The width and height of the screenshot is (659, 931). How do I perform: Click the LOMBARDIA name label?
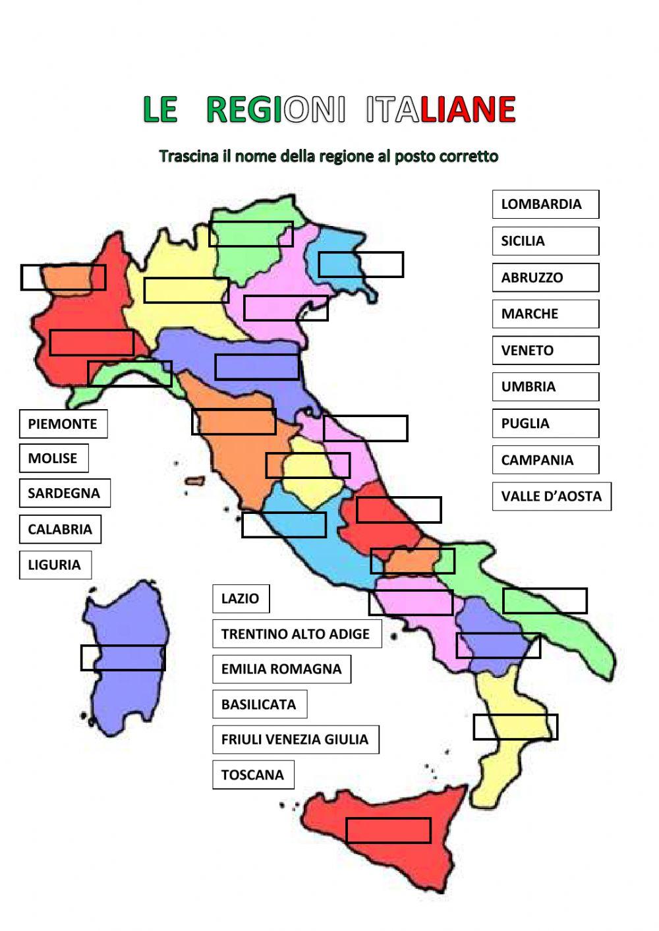click(x=545, y=204)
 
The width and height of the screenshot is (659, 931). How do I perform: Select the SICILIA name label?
click(x=545, y=241)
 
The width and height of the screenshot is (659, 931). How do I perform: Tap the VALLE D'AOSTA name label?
click(x=551, y=496)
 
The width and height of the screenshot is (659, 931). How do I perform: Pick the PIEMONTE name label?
click(x=63, y=424)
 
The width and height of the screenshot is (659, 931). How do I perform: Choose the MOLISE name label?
click(x=53, y=458)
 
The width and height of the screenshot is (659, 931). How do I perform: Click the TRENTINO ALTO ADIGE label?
click(x=297, y=634)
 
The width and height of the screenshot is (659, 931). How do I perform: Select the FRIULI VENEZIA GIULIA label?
click(x=295, y=739)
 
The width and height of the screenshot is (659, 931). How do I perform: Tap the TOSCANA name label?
click(x=253, y=775)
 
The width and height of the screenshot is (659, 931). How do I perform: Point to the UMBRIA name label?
click(x=545, y=387)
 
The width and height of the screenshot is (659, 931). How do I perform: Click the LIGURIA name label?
click(x=55, y=565)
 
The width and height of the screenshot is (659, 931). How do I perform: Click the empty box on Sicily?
click(x=388, y=830)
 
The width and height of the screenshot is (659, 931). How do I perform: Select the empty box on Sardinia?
click(x=123, y=658)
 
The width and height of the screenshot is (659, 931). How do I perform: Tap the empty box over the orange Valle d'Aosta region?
click(x=63, y=277)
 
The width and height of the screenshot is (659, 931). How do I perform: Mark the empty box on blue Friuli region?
click(x=360, y=264)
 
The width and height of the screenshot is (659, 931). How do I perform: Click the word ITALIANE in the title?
click(x=440, y=109)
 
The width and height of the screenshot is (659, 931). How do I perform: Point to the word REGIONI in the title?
click(x=275, y=109)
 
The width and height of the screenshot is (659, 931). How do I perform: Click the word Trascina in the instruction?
click(x=187, y=157)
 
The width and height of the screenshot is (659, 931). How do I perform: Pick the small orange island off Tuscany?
click(x=195, y=481)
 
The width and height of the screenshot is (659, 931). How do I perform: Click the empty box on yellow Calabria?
click(x=515, y=727)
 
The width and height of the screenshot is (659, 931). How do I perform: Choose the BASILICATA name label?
click(x=259, y=704)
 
